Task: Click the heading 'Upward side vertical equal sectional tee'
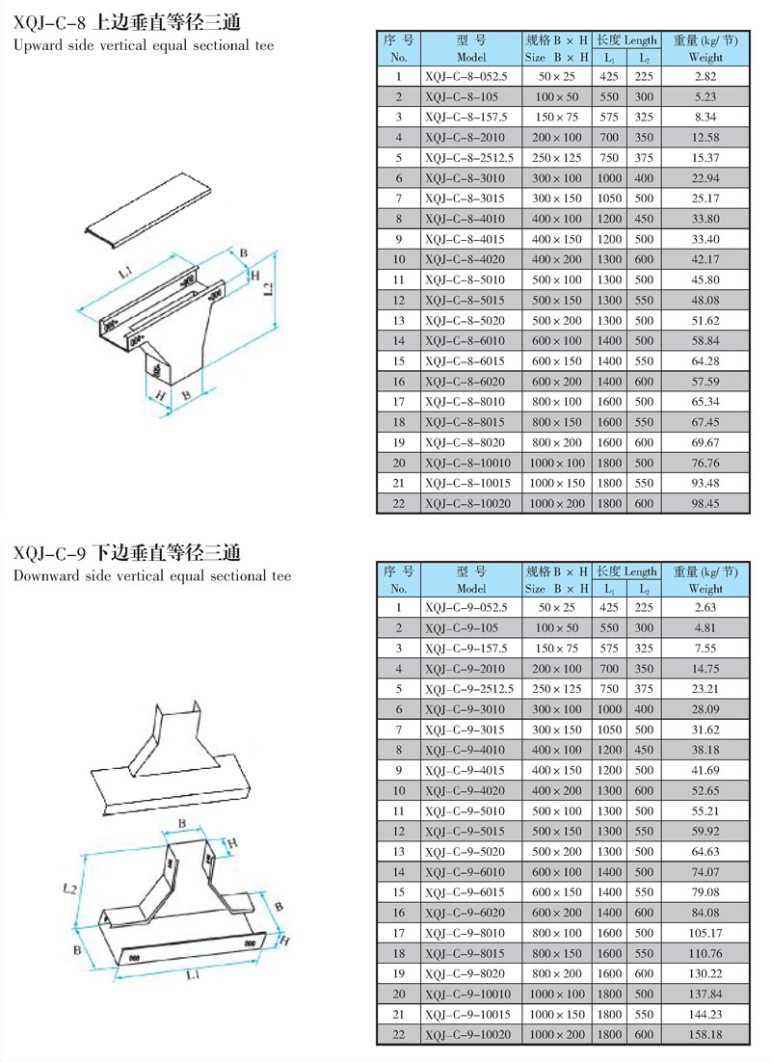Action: click(x=145, y=45)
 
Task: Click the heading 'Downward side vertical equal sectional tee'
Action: click(x=152, y=576)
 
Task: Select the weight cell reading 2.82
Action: click(x=705, y=75)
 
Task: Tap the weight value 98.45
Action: click(x=705, y=502)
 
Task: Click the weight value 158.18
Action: click(x=705, y=1034)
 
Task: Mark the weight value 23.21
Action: click(x=705, y=689)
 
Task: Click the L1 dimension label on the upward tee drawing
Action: click(x=125, y=275)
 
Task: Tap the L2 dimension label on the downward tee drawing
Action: click(x=68, y=887)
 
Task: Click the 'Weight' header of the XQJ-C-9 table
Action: click(x=705, y=588)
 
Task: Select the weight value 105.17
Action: click(x=705, y=932)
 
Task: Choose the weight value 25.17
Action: click(x=705, y=198)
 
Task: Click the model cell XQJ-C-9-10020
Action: click(x=468, y=1034)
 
